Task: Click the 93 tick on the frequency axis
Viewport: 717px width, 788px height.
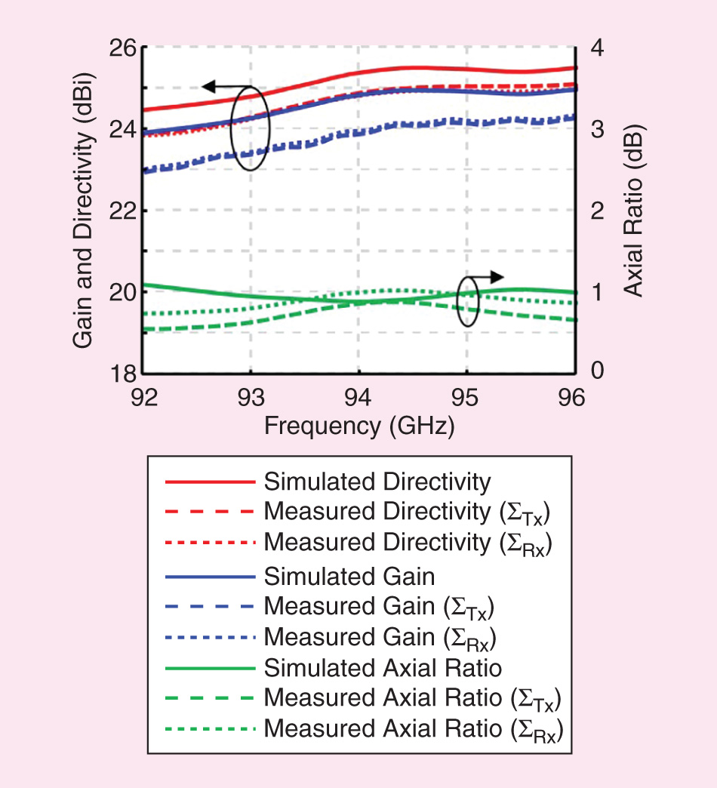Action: [x=251, y=396]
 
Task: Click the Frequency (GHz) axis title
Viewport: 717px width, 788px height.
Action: [x=359, y=426]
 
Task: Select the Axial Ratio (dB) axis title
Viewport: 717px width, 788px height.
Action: [x=635, y=210]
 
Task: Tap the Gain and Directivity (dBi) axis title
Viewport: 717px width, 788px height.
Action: [x=83, y=210]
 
